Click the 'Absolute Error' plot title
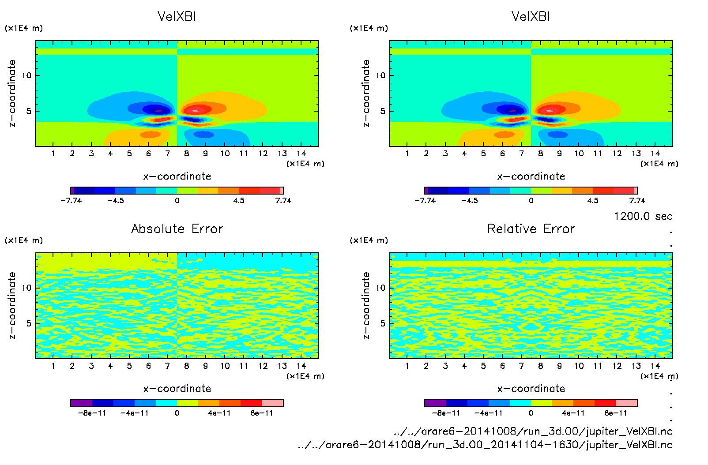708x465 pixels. (x=177, y=229)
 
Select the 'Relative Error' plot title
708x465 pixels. (x=531, y=229)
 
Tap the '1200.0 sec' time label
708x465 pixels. (x=643, y=216)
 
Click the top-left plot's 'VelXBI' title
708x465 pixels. (x=177, y=16)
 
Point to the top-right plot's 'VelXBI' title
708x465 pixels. (x=531, y=16)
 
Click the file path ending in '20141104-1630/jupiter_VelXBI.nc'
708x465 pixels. (x=485, y=445)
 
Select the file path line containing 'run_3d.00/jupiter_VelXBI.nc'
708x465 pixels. (x=533, y=431)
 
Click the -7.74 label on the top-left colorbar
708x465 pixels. (x=71, y=200)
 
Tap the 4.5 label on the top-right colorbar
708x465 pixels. (x=593, y=200)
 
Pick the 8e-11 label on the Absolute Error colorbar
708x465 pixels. (x=262, y=413)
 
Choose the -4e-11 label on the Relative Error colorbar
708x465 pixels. (x=489, y=413)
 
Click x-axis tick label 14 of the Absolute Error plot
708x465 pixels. (x=301, y=366)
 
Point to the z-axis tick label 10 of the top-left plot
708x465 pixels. (x=27, y=75)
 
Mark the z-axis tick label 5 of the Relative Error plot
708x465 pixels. (x=383, y=323)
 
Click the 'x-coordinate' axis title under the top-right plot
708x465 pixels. (x=531, y=176)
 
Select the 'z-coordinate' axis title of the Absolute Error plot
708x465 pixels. (x=12, y=305)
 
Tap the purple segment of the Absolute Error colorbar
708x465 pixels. (x=81, y=403)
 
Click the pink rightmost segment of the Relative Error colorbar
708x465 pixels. (x=626, y=403)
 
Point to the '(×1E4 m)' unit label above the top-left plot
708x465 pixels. (x=24, y=28)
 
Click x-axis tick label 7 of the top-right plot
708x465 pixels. (x=521, y=154)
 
